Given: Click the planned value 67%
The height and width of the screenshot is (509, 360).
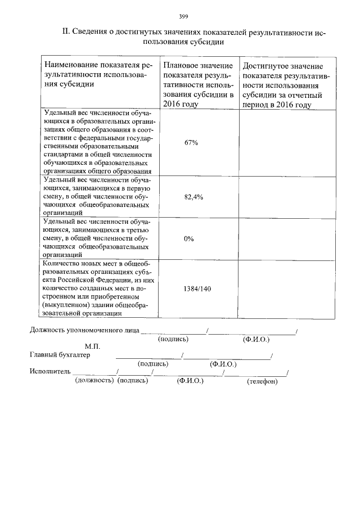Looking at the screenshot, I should point(191,143).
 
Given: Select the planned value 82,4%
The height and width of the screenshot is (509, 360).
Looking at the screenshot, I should point(193,197).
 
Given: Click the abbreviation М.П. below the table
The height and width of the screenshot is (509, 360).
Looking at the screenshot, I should point(92,346).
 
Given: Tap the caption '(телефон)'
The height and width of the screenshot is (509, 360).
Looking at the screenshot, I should point(262,381).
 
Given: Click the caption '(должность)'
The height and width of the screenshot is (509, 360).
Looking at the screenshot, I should point(94,381).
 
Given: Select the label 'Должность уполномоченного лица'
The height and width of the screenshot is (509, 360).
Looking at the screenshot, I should point(84,331).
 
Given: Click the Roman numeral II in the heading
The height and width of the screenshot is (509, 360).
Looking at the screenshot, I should point(65,32).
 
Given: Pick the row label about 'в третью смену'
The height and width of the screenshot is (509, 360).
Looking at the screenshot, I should point(96,238).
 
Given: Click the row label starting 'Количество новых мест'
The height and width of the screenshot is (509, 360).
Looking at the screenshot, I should point(96,288).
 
